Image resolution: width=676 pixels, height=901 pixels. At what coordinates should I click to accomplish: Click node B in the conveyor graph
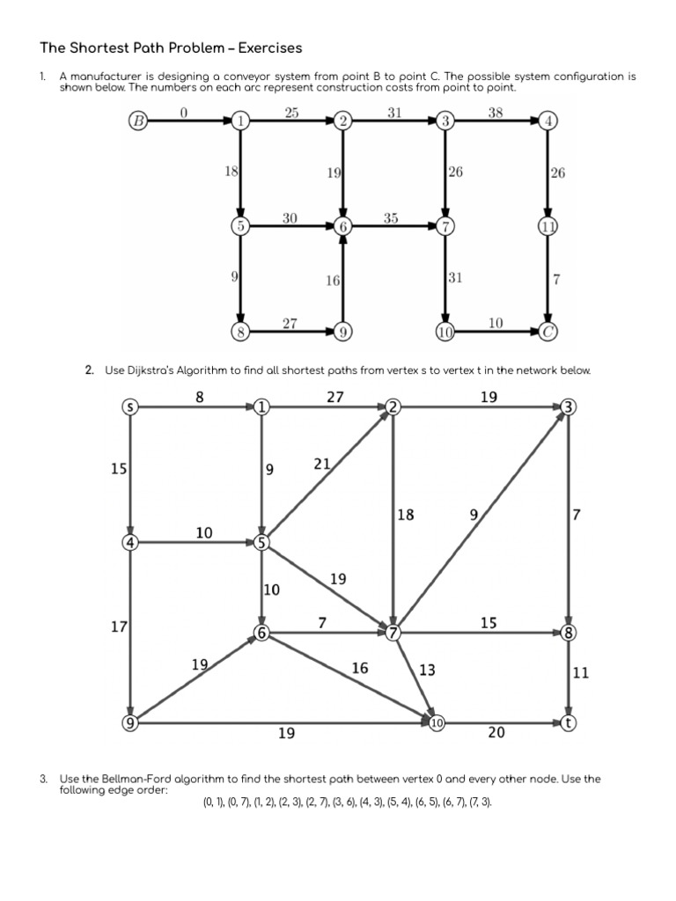pyautogui.click(x=138, y=121)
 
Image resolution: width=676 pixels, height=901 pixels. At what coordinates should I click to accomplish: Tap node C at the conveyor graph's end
pyautogui.click(x=549, y=333)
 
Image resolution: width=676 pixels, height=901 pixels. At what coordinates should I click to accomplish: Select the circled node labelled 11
pyautogui.click(x=549, y=227)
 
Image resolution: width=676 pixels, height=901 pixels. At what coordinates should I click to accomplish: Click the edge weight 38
pyautogui.click(x=496, y=113)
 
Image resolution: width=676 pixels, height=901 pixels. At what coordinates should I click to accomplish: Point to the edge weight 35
pyautogui.click(x=392, y=217)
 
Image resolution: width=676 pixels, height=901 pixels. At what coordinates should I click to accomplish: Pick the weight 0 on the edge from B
pyautogui.click(x=183, y=112)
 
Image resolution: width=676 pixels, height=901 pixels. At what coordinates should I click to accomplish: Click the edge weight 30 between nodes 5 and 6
pyautogui.click(x=290, y=217)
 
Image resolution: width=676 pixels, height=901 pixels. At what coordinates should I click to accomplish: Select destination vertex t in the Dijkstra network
pyautogui.click(x=569, y=722)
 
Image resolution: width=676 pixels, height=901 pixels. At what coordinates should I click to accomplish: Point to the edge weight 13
pyautogui.click(x=427, y=670)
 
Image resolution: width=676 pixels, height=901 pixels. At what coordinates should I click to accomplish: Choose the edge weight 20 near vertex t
pyautogui.click(x=496, y=732)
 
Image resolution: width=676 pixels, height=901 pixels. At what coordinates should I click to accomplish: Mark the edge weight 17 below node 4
pyautogui.click(x=119, y=627)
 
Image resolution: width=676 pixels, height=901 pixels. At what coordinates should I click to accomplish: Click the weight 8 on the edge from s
pyautogui.click(x=199, y=397)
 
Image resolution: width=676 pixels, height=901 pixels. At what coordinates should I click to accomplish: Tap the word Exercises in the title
pyautogui.click(x=264, y=47)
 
